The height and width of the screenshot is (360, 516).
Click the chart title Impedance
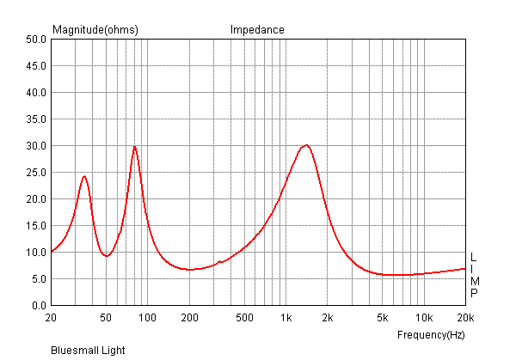pos(257,30)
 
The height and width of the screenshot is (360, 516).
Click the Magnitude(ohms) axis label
pos(95,30)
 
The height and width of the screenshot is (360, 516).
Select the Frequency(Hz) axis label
pos(431,334)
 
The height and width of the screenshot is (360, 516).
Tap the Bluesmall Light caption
pos(88,351)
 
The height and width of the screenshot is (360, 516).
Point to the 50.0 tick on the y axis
pos(35,40)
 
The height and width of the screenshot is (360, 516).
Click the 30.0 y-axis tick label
pos(35,146)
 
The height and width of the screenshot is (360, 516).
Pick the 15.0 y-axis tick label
pos(35,226)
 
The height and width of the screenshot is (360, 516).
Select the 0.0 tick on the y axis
pos(38,306)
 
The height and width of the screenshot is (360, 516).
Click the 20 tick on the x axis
pos(52,318)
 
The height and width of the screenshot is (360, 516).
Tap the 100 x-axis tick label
pos(147,318)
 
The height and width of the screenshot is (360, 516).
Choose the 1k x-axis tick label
pos(286,318)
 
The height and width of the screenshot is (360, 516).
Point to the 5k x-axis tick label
pos(383,318)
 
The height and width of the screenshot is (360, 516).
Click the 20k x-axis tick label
pos(465,318)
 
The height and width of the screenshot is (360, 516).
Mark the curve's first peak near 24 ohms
pos(84,176)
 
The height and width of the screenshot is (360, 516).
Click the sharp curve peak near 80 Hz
pos(134,146)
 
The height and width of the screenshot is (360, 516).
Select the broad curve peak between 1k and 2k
pos(305,145)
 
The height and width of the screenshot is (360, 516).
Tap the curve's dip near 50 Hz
pos(107,256)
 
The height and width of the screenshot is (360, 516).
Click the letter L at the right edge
pos(473,258)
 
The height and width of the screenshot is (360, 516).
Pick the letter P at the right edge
pos(473,293)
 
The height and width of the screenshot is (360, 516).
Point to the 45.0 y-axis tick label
pos(35,66)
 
